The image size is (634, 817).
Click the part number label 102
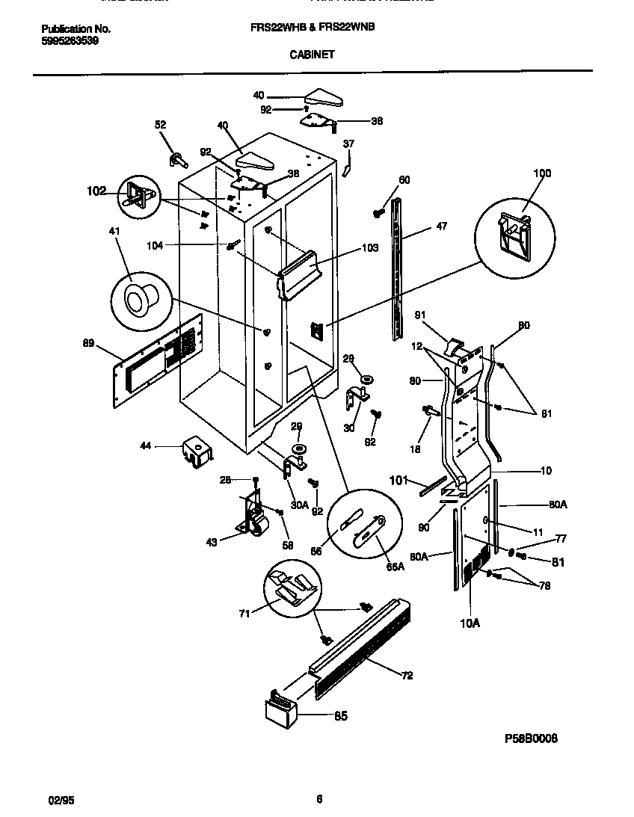click(x=97, y=191)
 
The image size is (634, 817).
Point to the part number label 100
click(x=541, y=173)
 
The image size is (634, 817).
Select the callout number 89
click(x=89, y=343)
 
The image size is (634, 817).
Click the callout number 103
click(x=370, y=247)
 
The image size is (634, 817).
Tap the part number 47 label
click(x=441, y=226)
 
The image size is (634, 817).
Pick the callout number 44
click(x=145, y=446)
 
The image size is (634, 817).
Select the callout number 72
click(x=407, y=676)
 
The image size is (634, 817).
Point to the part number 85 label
click(x=340, y=716)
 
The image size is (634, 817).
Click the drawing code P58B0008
click(x=531, y=738)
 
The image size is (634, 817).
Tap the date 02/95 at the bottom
click(x=61, y=799)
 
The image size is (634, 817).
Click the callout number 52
click(x=161, y=125)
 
